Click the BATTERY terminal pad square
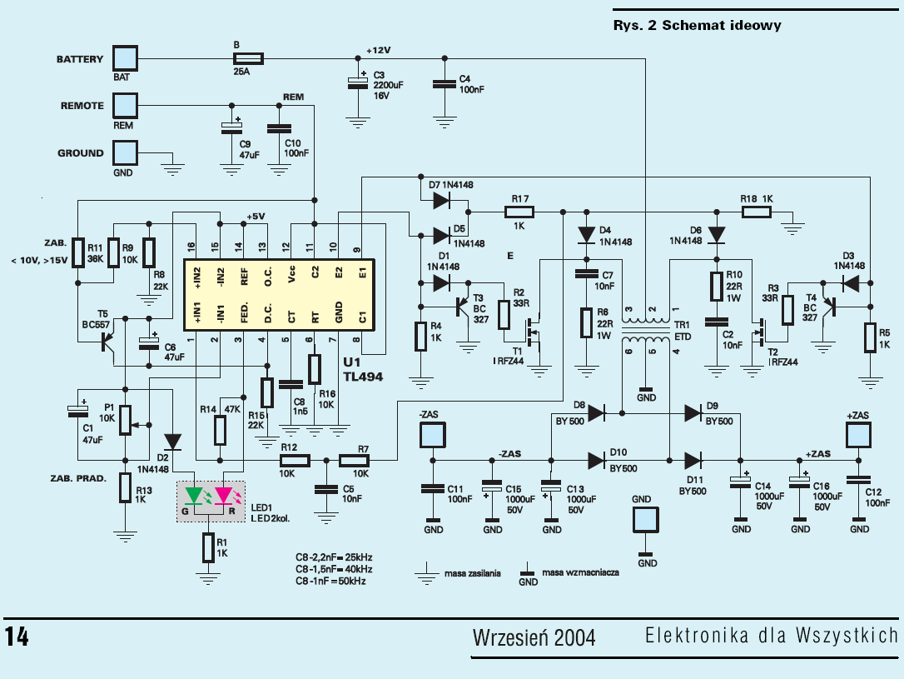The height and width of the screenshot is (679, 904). pos(124,58)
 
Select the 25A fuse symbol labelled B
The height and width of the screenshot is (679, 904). pos(248,58)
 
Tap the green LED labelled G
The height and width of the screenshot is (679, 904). pos(195,497)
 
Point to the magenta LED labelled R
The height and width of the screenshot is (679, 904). pos(224,497)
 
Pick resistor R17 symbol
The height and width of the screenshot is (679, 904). pos(520,213)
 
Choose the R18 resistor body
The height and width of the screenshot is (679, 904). pos(756,213)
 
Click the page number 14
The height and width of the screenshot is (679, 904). pos(17,637)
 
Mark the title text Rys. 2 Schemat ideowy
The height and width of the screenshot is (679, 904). pos(697,25)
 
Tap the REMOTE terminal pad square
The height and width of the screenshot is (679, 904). pos(124,106)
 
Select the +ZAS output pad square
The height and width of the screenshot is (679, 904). pos(858,436)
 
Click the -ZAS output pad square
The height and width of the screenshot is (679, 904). pos(432,436)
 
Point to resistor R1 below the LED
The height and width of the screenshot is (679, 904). pos(207,547)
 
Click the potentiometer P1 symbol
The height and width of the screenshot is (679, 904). pos(125,420)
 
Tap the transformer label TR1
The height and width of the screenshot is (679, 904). pos(682,324)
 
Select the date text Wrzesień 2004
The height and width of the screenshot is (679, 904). pos(534,638)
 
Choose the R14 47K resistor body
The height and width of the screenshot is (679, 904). pos(220,431)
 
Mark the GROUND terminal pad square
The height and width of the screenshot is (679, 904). pos(124,153)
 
